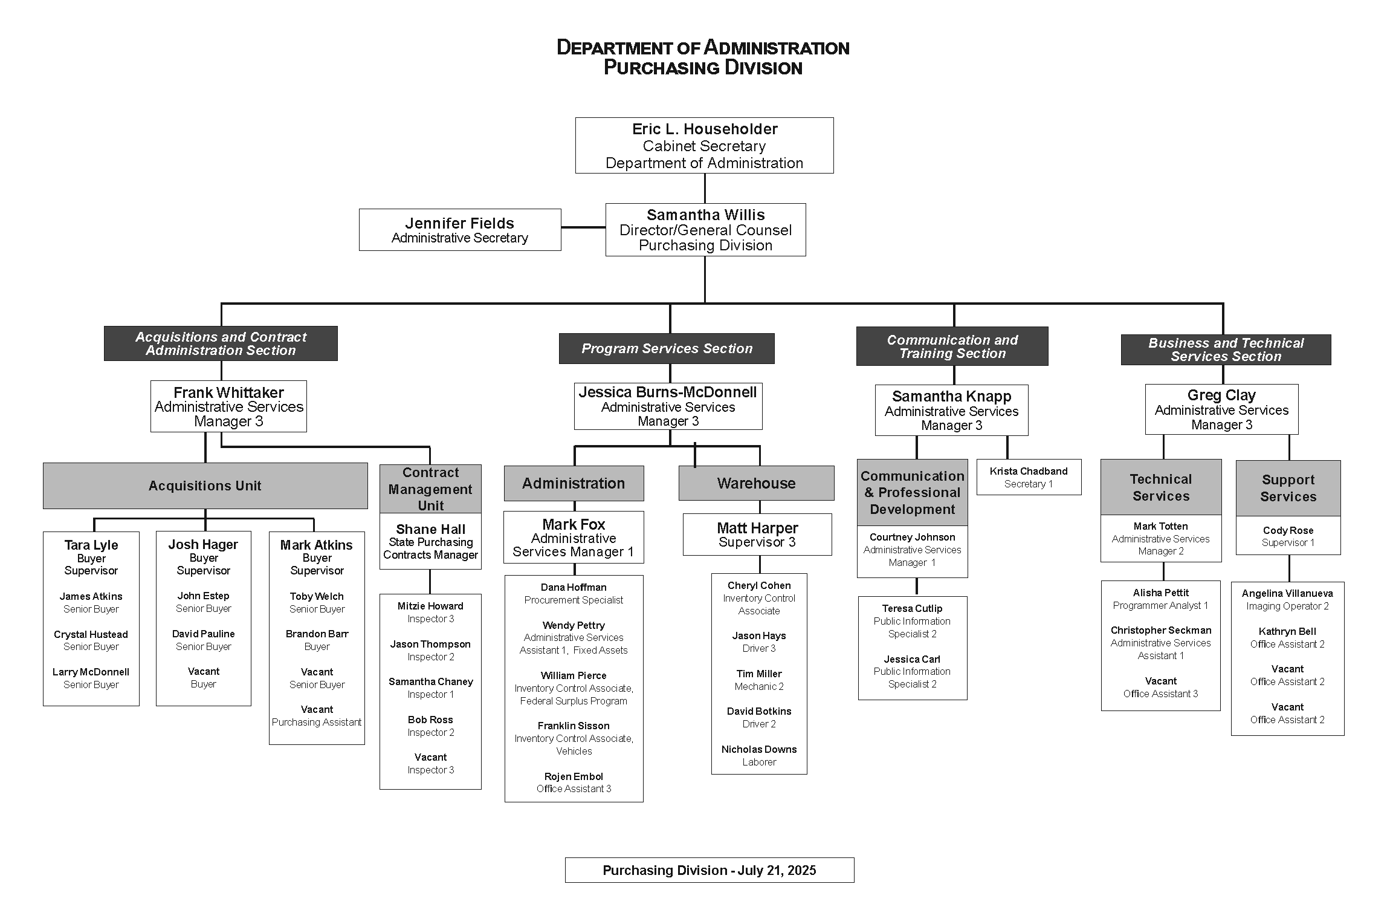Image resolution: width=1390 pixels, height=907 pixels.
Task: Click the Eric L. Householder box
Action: (x=704, y=146)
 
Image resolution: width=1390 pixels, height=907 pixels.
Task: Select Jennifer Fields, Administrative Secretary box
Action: (x=460, y=230)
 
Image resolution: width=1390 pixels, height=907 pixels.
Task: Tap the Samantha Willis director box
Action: (x=705, y=230)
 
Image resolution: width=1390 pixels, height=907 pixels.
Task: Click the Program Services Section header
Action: (x=667, y=348)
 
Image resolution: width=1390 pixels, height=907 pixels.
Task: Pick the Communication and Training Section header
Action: (x=952, y=346)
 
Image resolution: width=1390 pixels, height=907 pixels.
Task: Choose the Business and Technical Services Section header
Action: (x=1226, y=349)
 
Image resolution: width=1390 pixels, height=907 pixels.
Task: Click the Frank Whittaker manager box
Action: (x=228, y=406)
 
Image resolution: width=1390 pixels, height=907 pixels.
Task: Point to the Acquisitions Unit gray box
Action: (x=205, y=486)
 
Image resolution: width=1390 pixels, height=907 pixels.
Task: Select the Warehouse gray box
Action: (x=756, y=483)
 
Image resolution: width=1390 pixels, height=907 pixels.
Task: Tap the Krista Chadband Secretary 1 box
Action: (x=1029, y=477)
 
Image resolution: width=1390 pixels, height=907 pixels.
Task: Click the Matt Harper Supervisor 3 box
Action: (x=757, y=535)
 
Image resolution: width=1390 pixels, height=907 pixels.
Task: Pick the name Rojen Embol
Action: (x=574, y=776)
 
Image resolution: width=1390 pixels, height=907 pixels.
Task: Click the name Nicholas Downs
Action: (x=759, y=749)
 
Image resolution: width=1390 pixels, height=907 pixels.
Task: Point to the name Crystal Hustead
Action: (x=91, y=634)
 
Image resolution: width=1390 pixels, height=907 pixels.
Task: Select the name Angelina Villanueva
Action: (x=1287, y=594)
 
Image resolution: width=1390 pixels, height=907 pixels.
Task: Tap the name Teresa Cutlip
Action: (x=912, y=608)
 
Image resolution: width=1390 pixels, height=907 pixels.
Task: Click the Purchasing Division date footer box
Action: (x=710, y=870)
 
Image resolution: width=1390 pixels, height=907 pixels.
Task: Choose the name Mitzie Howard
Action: (x=430, y=606)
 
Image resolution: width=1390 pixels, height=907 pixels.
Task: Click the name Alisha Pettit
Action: (x=1160, y=593)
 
